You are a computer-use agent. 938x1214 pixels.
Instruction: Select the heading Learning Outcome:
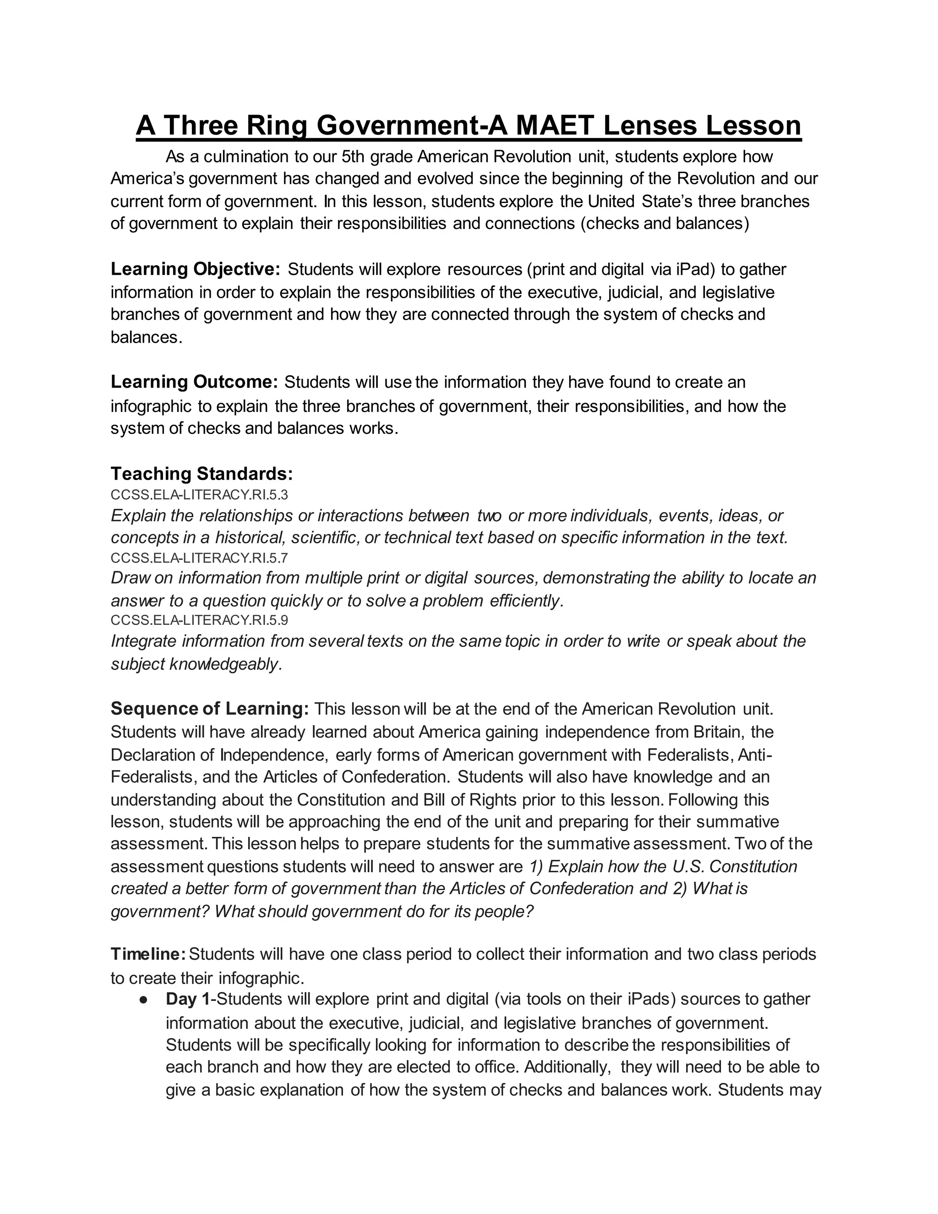[194, 382]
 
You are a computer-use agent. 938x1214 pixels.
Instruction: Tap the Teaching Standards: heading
[202, 474]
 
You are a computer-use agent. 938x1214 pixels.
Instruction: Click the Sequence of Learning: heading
[209, 709]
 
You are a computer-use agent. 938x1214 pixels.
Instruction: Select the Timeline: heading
[148, 954]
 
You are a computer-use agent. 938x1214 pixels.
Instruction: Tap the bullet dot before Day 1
[143, 1000]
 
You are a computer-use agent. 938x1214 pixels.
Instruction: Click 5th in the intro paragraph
[354, 157]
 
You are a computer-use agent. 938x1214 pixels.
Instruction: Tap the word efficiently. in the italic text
[527, 601]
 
